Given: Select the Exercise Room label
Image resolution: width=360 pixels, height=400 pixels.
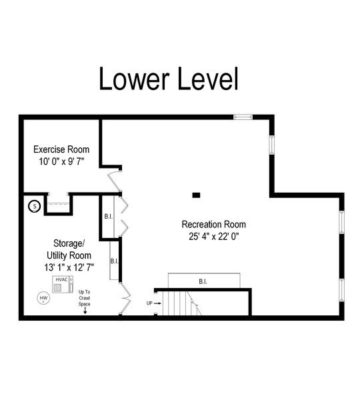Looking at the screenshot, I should pos(61,150).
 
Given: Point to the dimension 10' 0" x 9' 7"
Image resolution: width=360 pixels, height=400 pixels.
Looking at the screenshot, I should pos(61,161).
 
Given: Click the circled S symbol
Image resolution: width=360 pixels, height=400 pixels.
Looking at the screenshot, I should pos(33,207).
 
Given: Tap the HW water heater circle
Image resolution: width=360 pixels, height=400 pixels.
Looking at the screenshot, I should pos(44,297).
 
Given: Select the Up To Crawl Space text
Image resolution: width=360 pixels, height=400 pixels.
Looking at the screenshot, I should pos(85,297).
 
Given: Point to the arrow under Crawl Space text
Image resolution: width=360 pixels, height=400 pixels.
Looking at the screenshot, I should pos(85,311).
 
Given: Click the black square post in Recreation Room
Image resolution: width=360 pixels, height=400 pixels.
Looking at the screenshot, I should pos(196,195).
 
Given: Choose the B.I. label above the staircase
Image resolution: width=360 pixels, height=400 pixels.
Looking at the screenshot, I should pos(203,281).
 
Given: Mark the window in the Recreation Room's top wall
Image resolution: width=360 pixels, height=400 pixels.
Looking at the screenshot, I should pos(243,117).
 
